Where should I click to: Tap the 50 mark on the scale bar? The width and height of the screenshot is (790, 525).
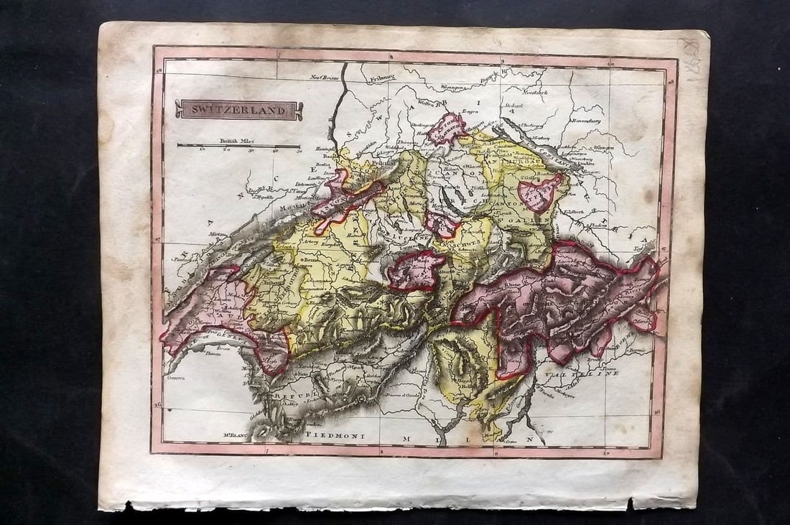pos(298,151)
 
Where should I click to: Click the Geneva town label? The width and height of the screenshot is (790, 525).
pos(175,376)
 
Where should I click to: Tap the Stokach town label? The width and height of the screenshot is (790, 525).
pos(513,107)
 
